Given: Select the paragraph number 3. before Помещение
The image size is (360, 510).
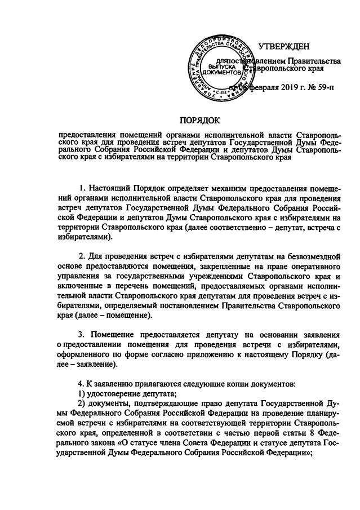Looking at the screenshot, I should pyautogui.click(x=81, y=335).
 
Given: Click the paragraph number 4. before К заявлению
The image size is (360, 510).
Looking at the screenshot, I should pyautogui.click(x=81, y=384).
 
